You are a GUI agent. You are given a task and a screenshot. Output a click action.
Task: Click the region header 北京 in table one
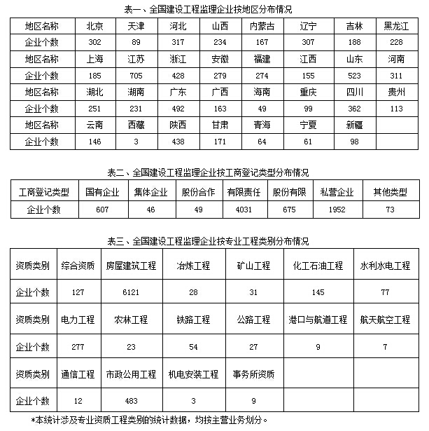point(95,26)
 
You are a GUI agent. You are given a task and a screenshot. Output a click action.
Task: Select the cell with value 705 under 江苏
point(136,74)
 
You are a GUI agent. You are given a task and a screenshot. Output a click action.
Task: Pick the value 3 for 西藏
point(136,141)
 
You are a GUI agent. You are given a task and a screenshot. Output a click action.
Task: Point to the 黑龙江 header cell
point(397,26)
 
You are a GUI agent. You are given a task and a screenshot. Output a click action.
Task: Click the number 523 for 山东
point(354,74)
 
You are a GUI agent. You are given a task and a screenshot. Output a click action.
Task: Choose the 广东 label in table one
point(177,91)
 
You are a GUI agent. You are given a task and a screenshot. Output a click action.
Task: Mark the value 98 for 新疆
point(354,141)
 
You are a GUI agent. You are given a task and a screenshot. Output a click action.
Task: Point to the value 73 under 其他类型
point(389,209)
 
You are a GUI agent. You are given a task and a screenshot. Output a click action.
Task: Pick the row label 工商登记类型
point(44,191)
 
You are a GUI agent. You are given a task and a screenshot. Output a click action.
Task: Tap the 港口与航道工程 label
point(318,320)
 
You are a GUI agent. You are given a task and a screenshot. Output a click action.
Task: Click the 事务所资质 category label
point(253,374)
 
